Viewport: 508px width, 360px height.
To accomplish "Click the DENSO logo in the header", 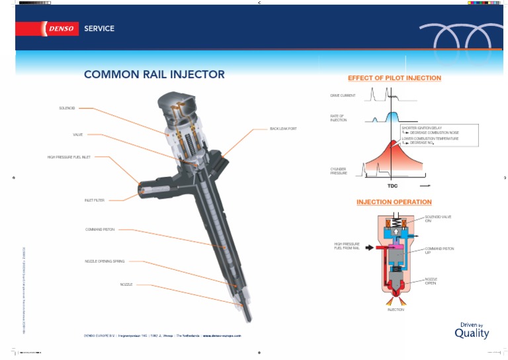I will [x=61, y=28].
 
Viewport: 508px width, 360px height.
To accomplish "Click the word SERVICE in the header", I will [x=99, y=28].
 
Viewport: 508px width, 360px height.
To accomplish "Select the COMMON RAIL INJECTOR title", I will [x=154, y=75].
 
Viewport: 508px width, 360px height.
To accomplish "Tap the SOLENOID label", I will [x=67, y=108].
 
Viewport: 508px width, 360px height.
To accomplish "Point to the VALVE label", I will [x=78, y=134].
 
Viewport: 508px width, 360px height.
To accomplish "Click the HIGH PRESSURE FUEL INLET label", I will [x=69, y=157].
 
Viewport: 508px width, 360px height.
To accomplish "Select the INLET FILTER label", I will [x=95, y=200].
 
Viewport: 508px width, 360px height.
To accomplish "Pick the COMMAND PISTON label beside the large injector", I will [x=100, y=230].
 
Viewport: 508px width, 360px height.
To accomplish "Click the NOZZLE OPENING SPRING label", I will [x=105, y=261].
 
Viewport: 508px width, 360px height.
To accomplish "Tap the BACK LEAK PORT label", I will [x=283, y=128].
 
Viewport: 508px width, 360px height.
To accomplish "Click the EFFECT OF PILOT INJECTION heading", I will [x=394, y=78].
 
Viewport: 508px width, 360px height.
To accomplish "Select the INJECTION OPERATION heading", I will [x=394, y=202].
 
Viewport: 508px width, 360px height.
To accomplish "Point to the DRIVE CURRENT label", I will [x=343, y=96].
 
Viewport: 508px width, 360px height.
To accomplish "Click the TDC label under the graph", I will [x=393, y=186].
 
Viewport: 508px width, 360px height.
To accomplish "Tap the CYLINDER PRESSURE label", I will [x=339, y=171].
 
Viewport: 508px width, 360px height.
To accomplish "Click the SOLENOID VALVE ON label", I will [x=437, y=219].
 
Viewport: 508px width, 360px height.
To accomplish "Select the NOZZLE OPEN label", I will [x=431, y=281].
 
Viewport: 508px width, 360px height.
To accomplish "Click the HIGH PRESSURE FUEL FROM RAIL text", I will [x=347, y=246].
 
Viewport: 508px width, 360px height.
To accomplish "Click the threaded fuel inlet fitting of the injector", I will [x=149, y=190].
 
